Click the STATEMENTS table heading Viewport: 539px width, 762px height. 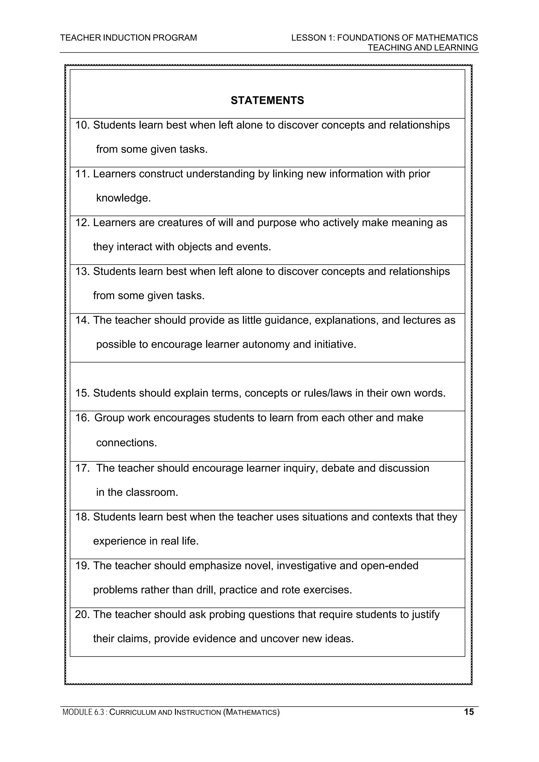[267, 100]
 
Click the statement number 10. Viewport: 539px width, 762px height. [82, 125]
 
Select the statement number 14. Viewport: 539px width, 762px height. [82, 320]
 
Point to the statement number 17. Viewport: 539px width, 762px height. [82, 468]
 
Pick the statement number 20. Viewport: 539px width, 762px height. [82, 615]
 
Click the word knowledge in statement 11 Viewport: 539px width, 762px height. [123, 198]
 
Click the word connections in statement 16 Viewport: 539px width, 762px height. [126, 443]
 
